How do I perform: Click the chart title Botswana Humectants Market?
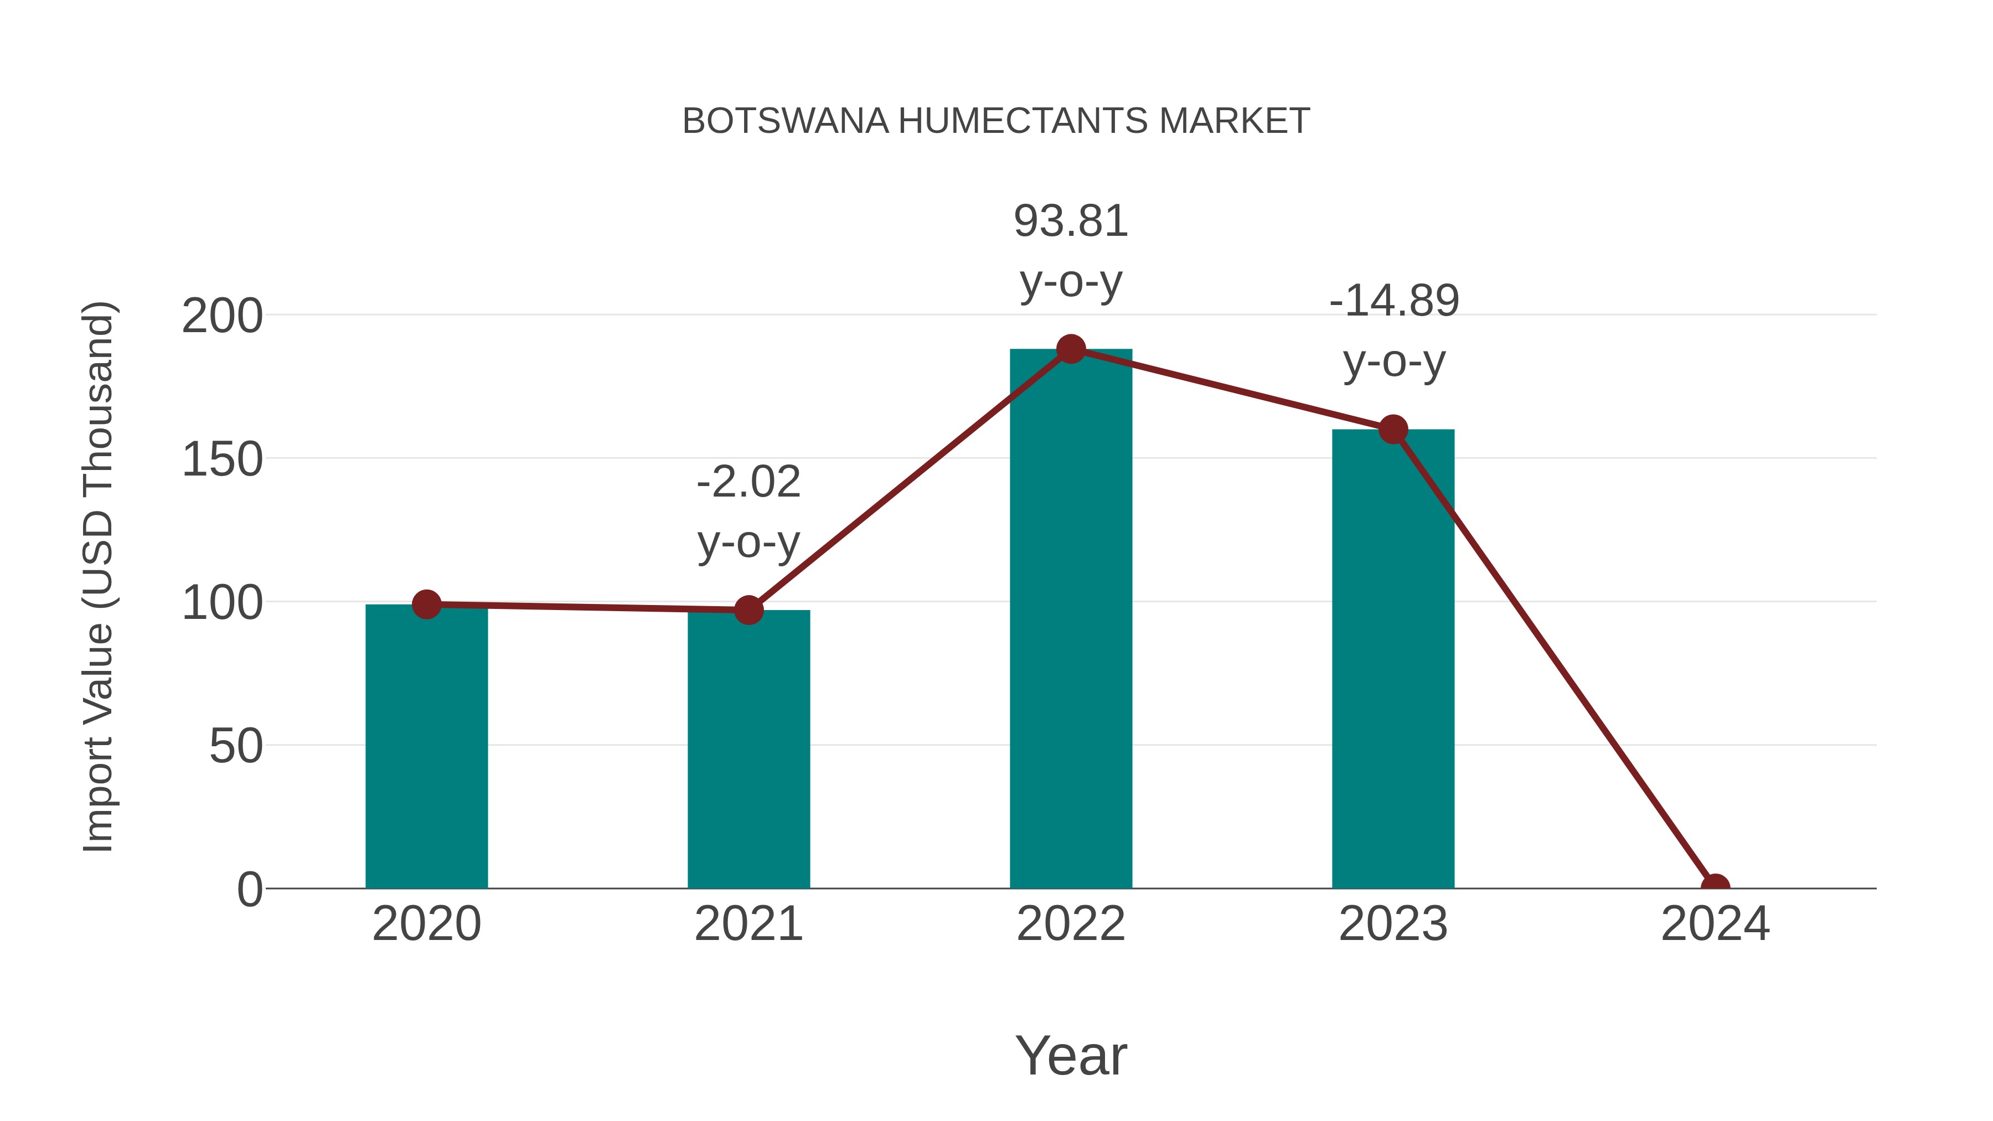(x=996, y=121)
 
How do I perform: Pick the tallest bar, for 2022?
(x=1071, y=619)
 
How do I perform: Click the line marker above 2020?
(x=426, y=604)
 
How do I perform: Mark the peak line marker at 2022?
(x=1071, y=349)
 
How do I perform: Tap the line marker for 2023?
(x=1393, y=430)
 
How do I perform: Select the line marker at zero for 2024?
(x=1715, y=887)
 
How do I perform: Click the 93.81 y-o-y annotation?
(x=1071, y=251)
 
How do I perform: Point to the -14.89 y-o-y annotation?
(x=1394, y=330)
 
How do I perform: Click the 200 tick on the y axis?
(x=222, y=317)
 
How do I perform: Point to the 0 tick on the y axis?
(x=250, y=890)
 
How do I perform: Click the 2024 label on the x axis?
(x=1715, y=924)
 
